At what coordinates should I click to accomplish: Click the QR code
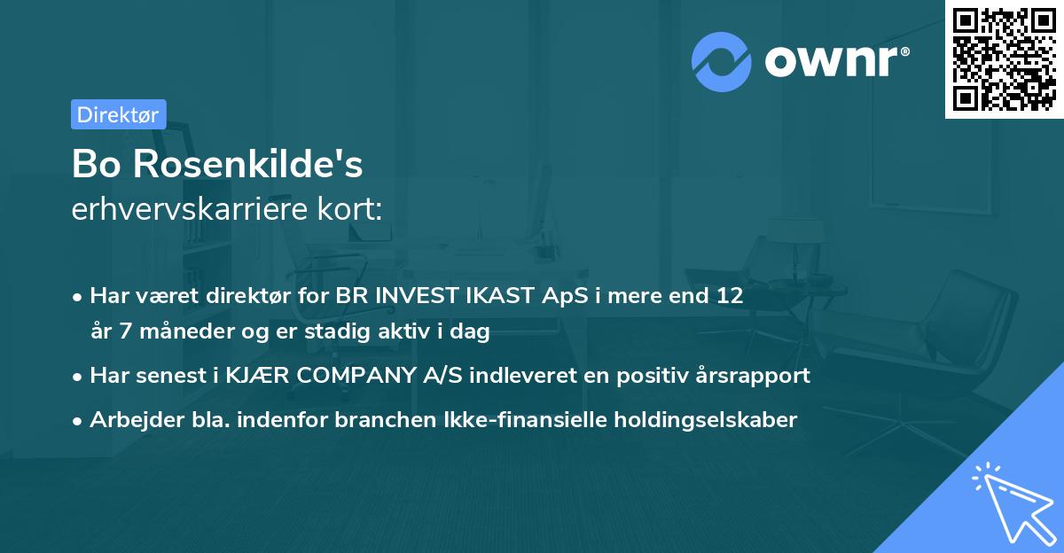[x=1004, y=59]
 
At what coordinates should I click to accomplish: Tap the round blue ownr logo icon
[x=721, y=61]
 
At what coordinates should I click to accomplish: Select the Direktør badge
[x=118, y=114]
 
